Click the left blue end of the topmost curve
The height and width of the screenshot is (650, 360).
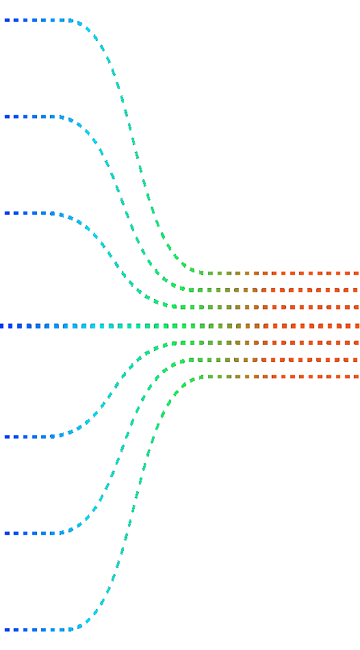coord(6,21)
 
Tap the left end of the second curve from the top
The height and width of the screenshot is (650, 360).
coord(6,117)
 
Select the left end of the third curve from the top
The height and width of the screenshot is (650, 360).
coord(6,213)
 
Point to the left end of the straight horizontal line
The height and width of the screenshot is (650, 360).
coord(2,326)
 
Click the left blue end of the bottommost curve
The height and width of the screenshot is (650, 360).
coord(6,629)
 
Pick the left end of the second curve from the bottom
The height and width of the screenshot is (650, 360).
coord(6,533)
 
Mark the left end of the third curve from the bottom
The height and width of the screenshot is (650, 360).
coord(6,437)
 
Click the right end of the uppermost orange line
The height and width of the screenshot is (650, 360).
coord(357,274)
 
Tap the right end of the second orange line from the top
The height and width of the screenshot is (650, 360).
coord(357,290)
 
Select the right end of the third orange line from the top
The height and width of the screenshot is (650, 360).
coord(357,307)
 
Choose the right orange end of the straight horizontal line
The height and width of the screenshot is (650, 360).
coord(357,326)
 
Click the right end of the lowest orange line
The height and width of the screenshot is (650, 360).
coord(357,376)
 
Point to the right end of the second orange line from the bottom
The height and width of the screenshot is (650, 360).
coord(357,360)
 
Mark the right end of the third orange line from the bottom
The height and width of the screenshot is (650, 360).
coord(357,343)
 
